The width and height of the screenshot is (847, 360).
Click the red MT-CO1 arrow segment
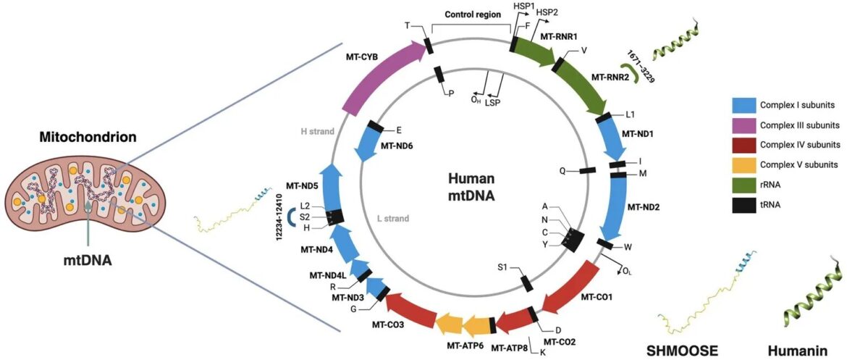(x=572, y=288)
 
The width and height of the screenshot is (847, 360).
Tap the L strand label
(x=393, y=218)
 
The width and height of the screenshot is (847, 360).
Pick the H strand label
(x=317, y=131)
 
